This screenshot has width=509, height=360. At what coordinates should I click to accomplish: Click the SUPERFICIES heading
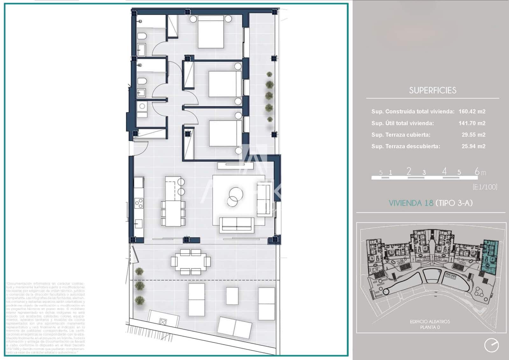tap(433, 90)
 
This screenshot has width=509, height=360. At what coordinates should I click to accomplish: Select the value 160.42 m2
tap(472, 111)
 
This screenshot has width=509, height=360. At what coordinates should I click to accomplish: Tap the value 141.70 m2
tap(472, 123)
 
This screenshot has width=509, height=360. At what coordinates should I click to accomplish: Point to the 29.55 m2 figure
tap(473, 135)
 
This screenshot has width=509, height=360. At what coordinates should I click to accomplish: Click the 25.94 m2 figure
tap(473, 146)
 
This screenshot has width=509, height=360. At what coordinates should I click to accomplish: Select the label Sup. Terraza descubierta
tap(406, 146)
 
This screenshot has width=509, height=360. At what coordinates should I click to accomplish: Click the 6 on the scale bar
tap(477, 171)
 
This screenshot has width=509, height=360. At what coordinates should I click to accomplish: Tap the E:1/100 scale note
tap(485, 187)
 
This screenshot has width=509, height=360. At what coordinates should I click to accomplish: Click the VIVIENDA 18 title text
tap(411, 203)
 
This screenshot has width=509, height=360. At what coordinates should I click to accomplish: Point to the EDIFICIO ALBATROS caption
tap(430, 322)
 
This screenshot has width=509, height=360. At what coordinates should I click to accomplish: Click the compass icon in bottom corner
tap(491, 345)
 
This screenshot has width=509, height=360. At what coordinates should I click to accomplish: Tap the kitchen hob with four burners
tap(139, 203)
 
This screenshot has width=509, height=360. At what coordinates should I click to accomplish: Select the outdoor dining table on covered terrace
tap(191, 262)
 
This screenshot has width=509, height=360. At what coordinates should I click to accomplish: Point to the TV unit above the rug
tap(235, 165)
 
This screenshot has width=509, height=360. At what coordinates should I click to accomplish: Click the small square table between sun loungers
tap(232, 296)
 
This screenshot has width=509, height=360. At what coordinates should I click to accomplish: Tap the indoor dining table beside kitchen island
tap(173, 213)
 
